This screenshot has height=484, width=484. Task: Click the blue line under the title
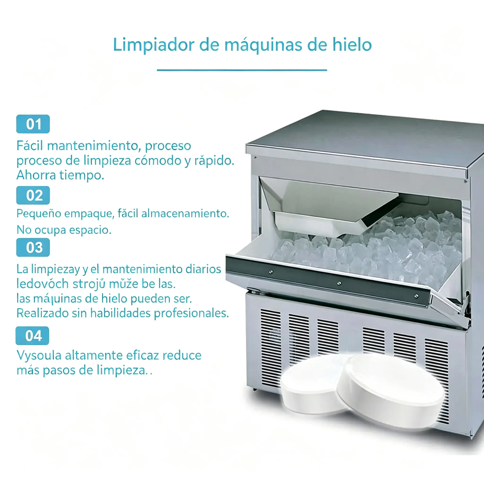coord(242,70)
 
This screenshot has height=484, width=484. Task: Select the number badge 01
coord(33,124)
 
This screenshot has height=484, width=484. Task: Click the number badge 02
coord(33,195)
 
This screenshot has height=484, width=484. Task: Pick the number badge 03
coord(33,247)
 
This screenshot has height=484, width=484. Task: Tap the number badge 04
coord(32,336)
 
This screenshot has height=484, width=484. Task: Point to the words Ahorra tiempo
coord(60,175)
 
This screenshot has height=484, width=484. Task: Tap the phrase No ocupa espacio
coord(64,230)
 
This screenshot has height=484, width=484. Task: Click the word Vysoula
coord(39,355)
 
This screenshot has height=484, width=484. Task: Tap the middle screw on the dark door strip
coord(339,283)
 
